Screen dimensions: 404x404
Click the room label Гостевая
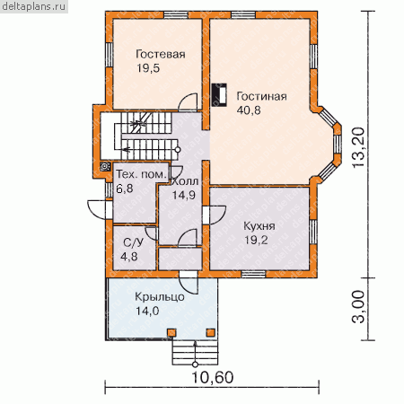[161, 54]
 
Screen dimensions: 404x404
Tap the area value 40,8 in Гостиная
[249, 110]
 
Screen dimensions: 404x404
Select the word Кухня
[259, 226]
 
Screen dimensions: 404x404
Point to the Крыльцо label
[160, 297]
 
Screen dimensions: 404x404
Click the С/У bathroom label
[133, 242]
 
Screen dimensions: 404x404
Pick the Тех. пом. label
[141, 174]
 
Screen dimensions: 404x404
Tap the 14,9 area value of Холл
[183, 195]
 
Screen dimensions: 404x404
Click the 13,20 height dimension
[359, 147]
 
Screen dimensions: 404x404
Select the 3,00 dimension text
[359, 307]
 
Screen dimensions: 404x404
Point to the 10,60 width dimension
[212, 378]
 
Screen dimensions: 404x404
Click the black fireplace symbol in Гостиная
[219, 94]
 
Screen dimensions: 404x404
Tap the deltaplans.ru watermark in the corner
[33, 6]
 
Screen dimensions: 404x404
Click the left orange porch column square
[171, 332]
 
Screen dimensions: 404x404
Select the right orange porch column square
[211, 332]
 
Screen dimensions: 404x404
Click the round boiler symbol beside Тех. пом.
[105, 166]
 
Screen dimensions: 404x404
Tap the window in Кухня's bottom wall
[253, 274]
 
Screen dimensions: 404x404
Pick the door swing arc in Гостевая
[188, 98]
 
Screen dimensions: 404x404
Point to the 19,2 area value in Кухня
[256, 240]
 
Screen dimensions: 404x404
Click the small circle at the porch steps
[195, 364]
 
